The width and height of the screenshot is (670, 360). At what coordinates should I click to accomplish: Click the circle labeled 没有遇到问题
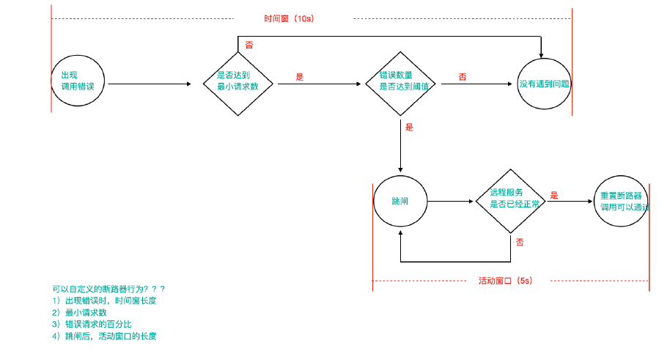(543, 83)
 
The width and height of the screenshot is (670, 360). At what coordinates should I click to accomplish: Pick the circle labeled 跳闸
(400, 201)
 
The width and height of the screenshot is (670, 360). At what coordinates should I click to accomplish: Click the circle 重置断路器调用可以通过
(621, 201)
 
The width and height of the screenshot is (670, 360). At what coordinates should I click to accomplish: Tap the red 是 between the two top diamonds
(299, 76)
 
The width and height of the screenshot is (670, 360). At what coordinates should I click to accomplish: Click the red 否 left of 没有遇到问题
(462, 76)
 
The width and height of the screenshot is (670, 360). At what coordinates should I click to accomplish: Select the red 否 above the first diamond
(249, 45)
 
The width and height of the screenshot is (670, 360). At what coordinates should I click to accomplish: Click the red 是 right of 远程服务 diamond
(554, 195)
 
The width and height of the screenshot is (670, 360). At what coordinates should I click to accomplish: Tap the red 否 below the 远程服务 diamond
(519, 241)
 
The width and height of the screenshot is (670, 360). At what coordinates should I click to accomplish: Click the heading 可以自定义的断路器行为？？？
(108, 289)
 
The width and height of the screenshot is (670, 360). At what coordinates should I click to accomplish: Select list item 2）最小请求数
(79, 312)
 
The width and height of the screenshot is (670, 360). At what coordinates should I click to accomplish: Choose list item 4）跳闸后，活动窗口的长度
(104, 336)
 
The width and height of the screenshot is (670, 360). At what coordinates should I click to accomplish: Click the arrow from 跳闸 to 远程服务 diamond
(451, 201)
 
